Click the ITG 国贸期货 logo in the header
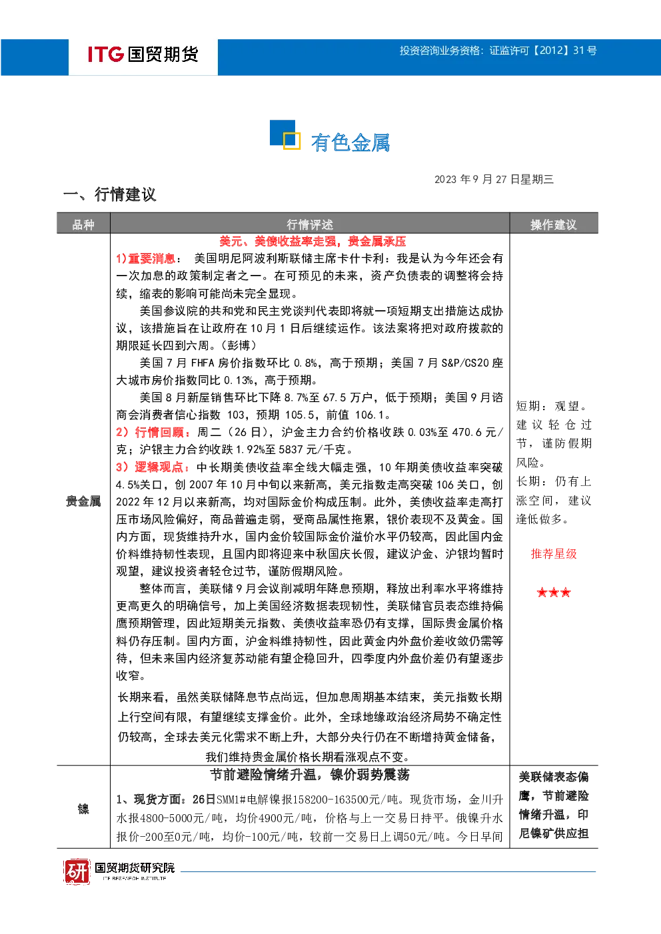tap(143, 54)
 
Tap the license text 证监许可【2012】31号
tap(543, 51)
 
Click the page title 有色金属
tap(350, 142)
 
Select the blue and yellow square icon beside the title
tap(285, 134)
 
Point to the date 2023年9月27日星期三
tap(494, 179)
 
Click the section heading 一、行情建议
tap(109, 194)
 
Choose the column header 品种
tap(83, 225)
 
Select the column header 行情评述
tap(310, 225)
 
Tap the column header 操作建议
tap(553, 225)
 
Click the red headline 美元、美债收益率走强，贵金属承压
tap(313, 241)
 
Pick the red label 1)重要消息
tap(146, 258)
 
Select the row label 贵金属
tap(83, 501)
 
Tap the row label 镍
tap(83, 810)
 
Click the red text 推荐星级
tap(554, 554)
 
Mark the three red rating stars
tap(554, 592)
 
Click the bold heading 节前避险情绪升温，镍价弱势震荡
tap(310, 775)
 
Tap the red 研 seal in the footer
tap(77, 871)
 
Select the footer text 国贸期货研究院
tap(135, 867)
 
